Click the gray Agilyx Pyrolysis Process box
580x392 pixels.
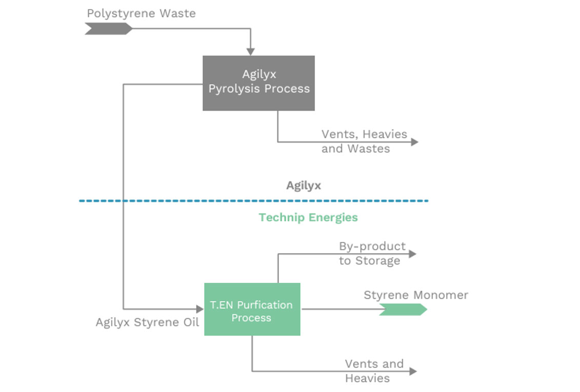258,83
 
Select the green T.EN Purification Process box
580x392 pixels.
252,310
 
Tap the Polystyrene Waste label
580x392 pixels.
141,13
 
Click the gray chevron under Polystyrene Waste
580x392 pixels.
108,29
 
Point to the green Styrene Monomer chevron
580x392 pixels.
403,310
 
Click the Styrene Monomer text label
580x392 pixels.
415,295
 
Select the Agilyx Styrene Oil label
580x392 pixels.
147,322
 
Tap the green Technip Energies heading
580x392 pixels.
308,217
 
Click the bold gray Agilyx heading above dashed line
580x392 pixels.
304,185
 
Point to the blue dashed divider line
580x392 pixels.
253,201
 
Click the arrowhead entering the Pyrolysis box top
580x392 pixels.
250,51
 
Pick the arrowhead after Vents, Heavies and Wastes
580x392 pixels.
414,142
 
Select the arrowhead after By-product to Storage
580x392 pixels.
412,253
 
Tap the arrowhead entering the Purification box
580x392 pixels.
200,309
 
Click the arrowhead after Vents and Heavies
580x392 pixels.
413,372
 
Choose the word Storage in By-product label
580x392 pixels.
376,261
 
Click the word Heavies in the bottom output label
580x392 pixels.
367,379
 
